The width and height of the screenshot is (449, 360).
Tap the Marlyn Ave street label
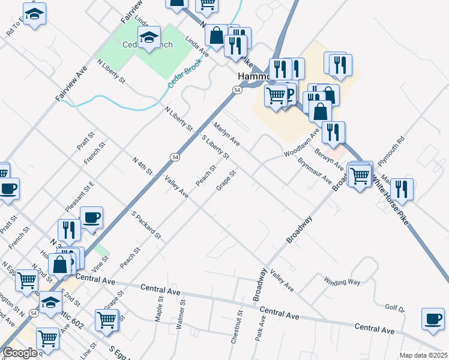pos(227,134)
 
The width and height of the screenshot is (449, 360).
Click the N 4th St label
pos(142,166)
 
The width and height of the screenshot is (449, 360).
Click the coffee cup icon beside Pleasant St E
pos(91,217)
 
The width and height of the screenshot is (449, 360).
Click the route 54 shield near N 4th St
pos(175,157)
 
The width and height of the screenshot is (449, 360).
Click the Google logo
pos(20,353)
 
